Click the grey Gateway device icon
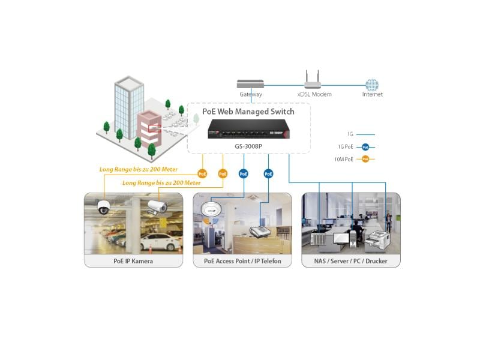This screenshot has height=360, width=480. click(250, 84)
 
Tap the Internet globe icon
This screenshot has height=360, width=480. click(372, 85)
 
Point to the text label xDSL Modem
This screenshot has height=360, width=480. click(314, 94)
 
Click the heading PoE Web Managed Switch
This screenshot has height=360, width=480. click(248, 112)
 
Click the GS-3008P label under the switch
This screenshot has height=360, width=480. click(248, 145)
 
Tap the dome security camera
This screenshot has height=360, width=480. click(104, 207)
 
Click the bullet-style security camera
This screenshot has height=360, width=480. click(157, 207)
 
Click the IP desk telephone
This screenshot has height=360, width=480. click(259, 232)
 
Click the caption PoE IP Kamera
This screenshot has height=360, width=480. click(133, 261)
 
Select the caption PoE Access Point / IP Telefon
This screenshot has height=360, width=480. click(242, 261)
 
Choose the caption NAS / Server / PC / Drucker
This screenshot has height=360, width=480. click(351, 261)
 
